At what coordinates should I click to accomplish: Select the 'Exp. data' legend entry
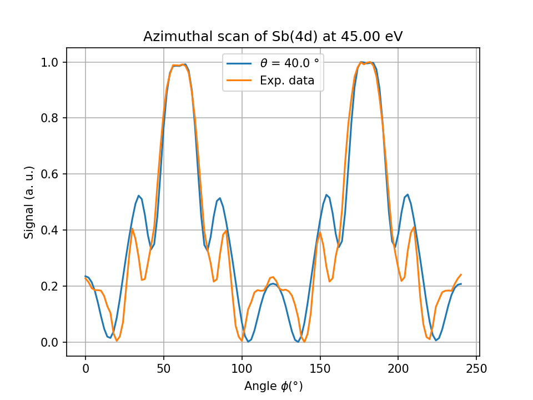(x=287, y=81)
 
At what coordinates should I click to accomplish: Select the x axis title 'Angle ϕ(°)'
(x=273, y=386)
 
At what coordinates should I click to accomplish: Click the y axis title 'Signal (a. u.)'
(x=29, y=202)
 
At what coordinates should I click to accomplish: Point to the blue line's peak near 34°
(x=139, y=196)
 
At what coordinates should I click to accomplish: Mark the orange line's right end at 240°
(x=461, y=274)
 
